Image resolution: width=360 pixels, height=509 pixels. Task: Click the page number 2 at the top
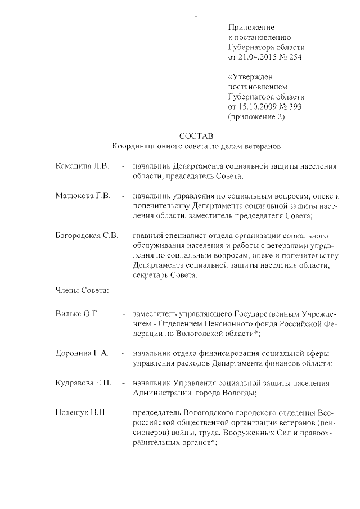pyautogui.click(x=196, y=19)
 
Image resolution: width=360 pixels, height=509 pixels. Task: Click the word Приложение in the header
pyautogui.click(x=251, y=27)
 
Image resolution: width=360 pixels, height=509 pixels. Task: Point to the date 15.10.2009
pyautogui.click(x=260, y=107)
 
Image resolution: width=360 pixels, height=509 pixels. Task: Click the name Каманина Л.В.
pyautogui.click(x=83, y=167)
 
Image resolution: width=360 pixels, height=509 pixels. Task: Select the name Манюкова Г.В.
pyautogui.click(x=83, y=196)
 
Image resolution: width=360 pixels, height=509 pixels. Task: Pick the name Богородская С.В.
pyautogui.click(x=87, y=236)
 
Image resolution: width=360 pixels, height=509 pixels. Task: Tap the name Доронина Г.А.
pyautogui.click(x=82, y=353)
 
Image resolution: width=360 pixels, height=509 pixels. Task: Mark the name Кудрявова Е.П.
pyautogui.click(x=83, y=383)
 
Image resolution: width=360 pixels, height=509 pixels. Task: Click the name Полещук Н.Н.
pyautogui.click(x=80, y=413)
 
